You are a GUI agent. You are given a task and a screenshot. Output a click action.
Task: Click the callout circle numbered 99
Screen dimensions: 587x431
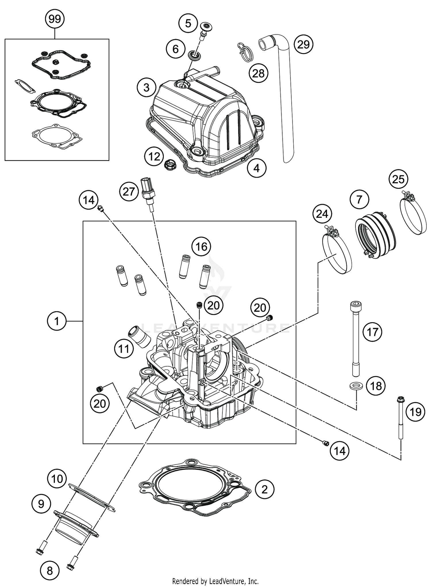click(55, 19)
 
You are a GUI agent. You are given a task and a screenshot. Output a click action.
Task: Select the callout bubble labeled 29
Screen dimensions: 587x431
click(304, 45)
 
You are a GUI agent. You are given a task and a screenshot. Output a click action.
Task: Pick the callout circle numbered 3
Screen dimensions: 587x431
click(147, 87)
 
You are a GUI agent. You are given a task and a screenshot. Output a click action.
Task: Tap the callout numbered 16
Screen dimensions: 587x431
click(201, 246)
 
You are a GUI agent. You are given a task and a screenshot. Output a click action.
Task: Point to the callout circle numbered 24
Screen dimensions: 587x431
click(322, 214)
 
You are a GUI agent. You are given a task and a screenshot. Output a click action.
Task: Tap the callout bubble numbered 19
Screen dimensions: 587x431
click(415, 412)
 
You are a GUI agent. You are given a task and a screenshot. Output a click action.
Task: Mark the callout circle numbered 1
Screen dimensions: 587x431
click(57, 321)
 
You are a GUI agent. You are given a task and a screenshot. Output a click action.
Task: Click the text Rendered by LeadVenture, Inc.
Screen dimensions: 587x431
click(215, 581)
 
